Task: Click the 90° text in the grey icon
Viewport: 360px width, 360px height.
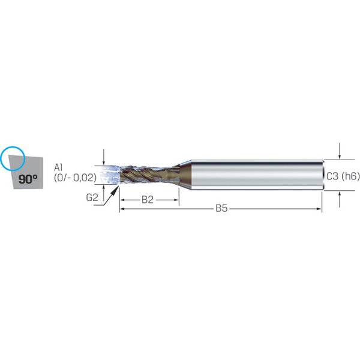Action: [28, 179]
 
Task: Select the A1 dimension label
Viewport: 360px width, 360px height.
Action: [58, 167]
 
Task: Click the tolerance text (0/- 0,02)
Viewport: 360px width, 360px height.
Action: [75, 178]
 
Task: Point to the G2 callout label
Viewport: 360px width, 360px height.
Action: [92, 197]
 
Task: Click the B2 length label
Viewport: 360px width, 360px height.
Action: [148, 200]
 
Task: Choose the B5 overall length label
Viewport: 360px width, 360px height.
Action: [221, 208]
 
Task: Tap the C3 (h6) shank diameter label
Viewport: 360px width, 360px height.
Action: [343, 176]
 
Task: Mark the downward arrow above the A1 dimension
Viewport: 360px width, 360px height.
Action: [104, 157]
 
